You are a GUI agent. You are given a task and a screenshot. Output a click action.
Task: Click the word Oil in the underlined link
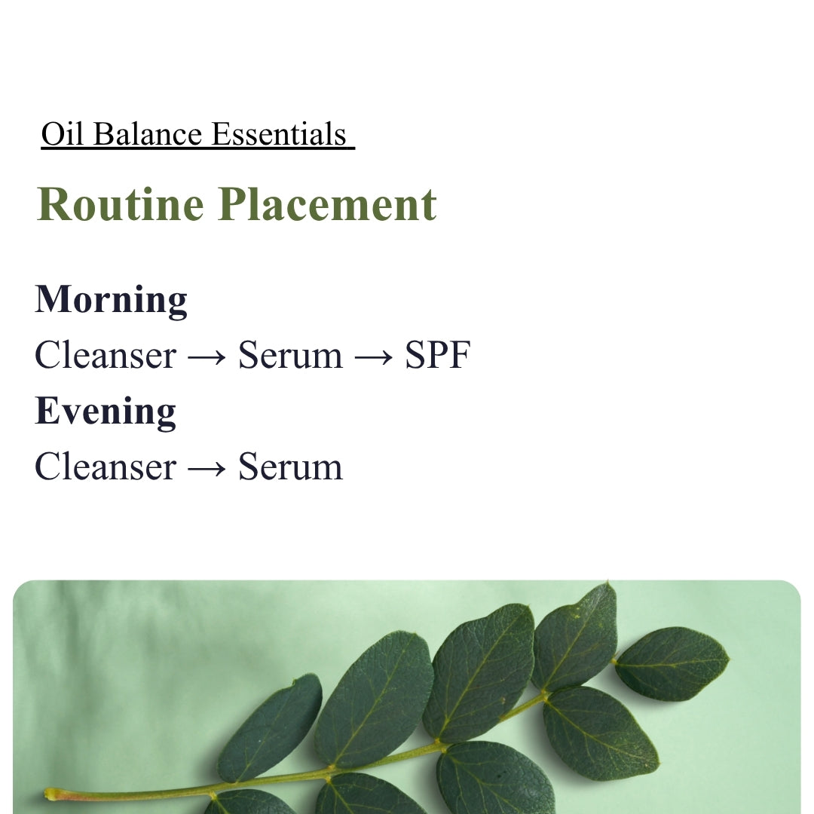[x=63, y=134]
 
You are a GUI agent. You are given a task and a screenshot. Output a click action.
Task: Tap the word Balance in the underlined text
[x=148, y=134]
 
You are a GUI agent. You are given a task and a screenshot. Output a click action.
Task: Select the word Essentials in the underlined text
[x=280, y=134]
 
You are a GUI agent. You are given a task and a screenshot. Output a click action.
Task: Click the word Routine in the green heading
[x=121, y=204]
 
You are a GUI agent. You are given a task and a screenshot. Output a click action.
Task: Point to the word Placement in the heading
[x=328, y=204]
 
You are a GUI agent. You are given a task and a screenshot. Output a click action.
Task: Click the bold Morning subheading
[x=111, y=300]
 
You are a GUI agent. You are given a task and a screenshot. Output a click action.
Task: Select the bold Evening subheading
[x=106, y=411]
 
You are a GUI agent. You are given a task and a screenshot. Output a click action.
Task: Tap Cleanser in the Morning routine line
[x=106, y=355]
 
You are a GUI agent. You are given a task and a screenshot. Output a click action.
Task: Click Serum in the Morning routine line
[x=290, y=355]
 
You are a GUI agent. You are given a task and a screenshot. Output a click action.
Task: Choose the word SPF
[x=438, y=355]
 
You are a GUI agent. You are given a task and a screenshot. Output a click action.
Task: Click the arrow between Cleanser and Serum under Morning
[x=207, y=357]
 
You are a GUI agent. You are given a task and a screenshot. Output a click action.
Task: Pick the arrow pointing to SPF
[x=373, y=357]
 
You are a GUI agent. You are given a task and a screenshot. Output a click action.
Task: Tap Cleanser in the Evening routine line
[x=106, y=467]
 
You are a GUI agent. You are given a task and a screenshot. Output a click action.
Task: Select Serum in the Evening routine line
[x=290, y=467]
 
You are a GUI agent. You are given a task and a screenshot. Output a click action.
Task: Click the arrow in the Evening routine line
[x=207, y=468]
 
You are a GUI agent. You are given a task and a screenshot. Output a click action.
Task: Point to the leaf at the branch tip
[x=672, y=663]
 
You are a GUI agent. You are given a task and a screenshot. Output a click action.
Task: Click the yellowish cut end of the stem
[x=50, y=794]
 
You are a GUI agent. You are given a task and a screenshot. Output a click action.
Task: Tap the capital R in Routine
[x=54, y=204]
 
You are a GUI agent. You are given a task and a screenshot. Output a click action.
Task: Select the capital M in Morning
[x=53, y=299]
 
